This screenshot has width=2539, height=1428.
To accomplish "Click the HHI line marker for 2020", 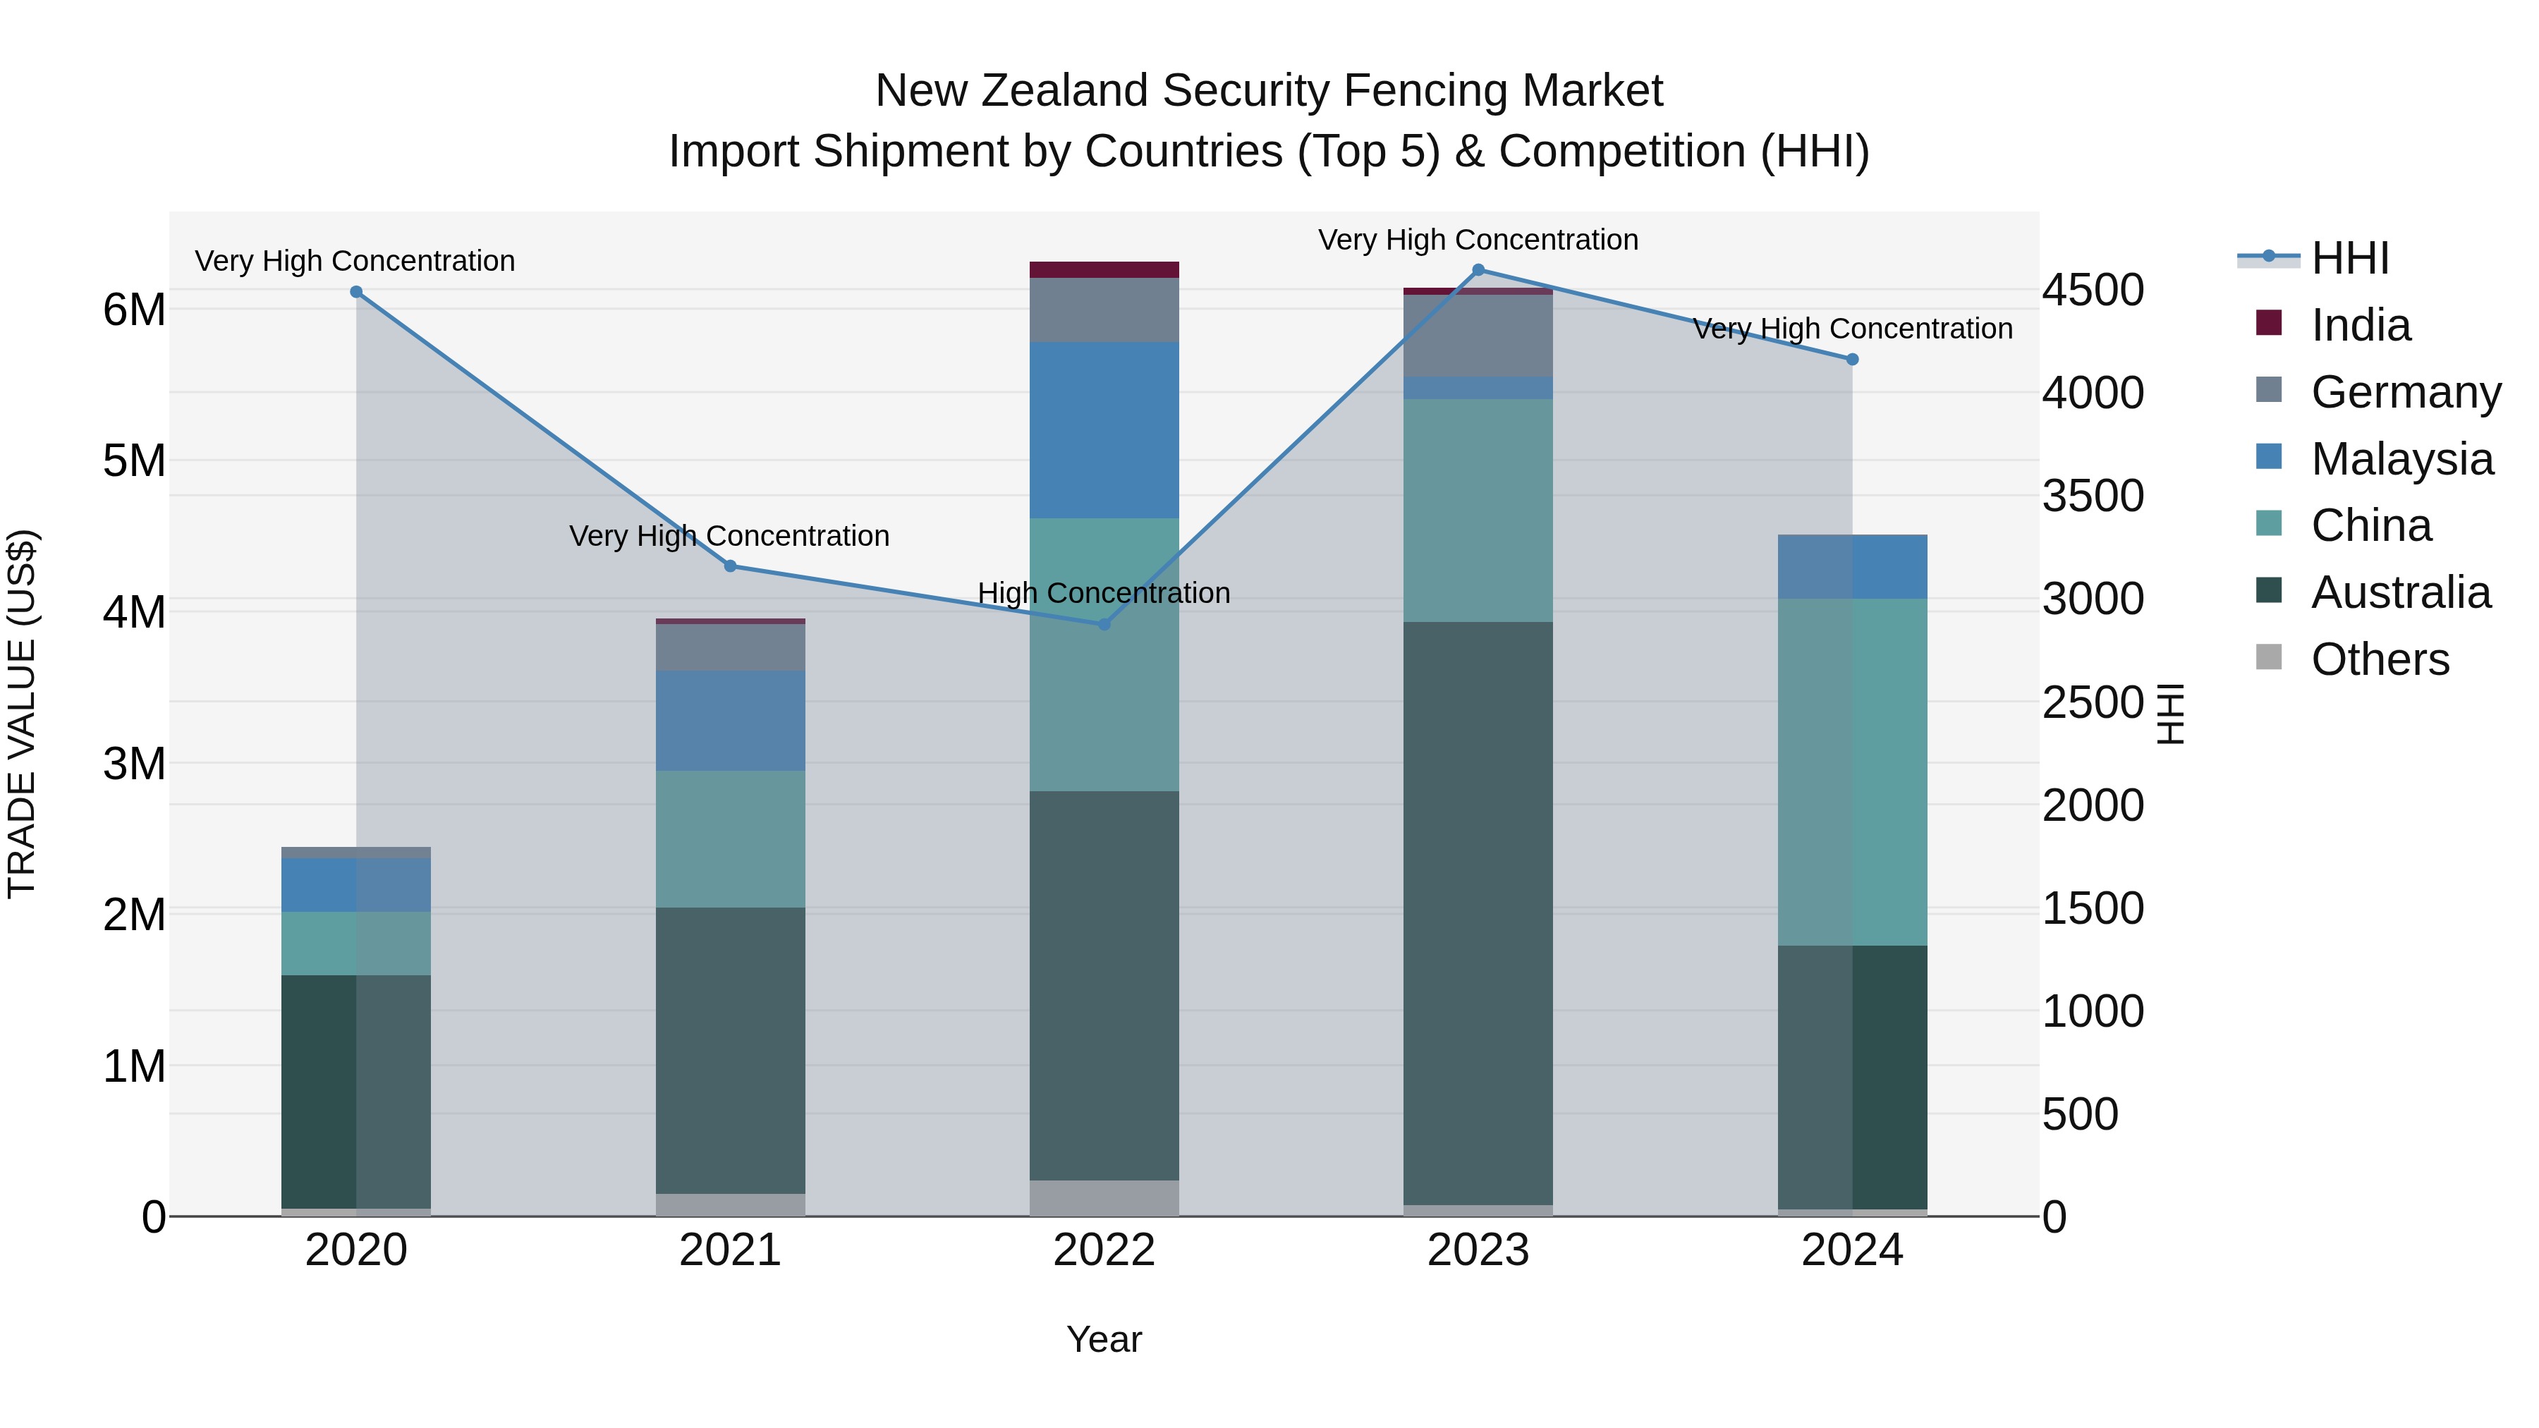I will click(356, 292).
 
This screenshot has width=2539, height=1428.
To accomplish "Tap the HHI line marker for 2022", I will click(1104, 624).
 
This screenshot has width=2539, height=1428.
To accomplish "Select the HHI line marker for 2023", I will click(1478, 270).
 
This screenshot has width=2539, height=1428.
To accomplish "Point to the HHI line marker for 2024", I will click(1852, 360).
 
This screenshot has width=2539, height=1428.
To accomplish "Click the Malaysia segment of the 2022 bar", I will click(1104, 429).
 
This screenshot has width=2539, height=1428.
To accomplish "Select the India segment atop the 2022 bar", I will click(1104, 269).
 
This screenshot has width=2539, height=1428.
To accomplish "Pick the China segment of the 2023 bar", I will click(1478, 510).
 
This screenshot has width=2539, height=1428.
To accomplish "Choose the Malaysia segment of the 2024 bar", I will click(1852, 567).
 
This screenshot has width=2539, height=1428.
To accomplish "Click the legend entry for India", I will click(2360, 325).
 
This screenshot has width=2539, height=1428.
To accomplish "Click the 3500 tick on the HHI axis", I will click(2093, 496).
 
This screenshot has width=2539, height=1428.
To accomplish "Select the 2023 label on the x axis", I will click(1478, 1250).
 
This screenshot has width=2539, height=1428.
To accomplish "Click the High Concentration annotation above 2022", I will click(1104, 593).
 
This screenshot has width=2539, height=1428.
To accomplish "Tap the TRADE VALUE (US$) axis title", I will click(22, 714).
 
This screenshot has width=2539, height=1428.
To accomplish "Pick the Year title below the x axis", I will click(1104, 1339).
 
